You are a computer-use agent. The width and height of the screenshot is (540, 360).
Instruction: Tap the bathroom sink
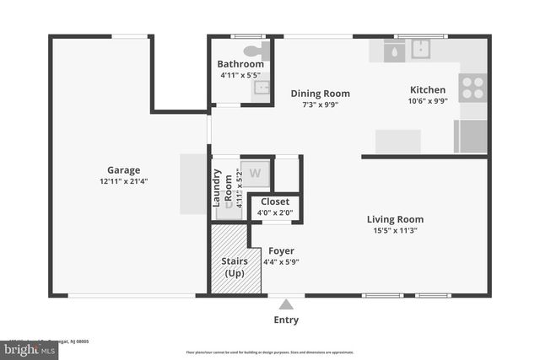tap(261, 88)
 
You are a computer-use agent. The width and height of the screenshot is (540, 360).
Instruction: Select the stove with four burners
tap(472, 86)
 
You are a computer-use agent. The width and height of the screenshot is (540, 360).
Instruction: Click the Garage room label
tap(123, 169)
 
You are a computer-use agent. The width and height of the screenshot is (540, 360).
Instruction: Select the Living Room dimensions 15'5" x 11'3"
tap(396, 230)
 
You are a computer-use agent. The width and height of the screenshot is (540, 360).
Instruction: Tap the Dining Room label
tap(320, 94)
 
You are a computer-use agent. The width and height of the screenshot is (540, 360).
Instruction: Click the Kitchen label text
tap(428, 89)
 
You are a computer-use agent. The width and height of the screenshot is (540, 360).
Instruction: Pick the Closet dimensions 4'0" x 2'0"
tap(275, 213)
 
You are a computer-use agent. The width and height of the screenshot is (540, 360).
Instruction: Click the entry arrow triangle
tap(287, 304)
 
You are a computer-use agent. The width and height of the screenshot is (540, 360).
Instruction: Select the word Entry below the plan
tap(286, 320)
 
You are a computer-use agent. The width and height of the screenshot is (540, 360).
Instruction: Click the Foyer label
tap(281, 250)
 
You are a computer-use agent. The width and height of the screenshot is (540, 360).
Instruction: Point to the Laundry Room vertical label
tap(222, 188)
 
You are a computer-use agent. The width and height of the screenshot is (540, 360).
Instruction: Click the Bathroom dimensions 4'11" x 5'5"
tap(240, 75)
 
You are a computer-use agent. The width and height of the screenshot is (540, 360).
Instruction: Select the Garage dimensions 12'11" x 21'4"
tap(124, 180)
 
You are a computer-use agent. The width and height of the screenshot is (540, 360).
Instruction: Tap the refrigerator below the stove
tap(471, 136)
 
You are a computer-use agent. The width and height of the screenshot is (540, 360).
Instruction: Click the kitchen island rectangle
tap(398, 141)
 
